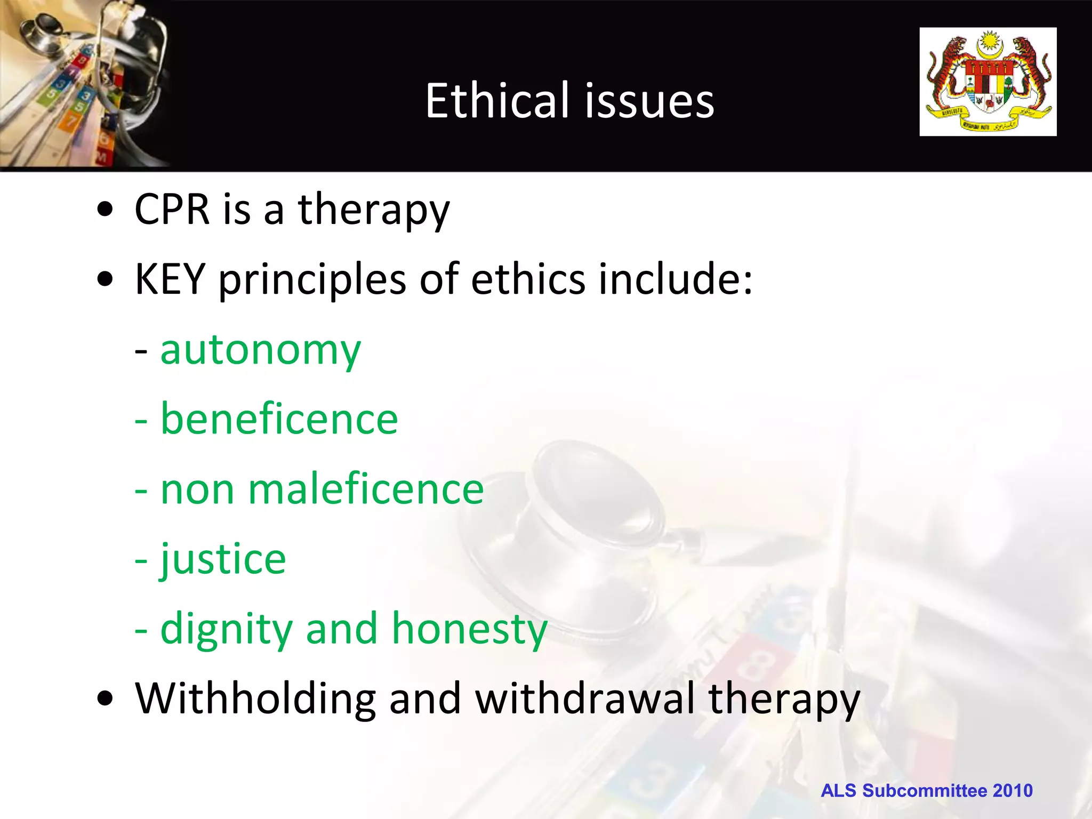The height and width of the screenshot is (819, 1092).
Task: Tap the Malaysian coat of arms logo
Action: point(987,82)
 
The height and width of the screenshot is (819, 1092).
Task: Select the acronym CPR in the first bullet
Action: point(172,209)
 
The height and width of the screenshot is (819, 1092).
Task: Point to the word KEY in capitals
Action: point(170,279)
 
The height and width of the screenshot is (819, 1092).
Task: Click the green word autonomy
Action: point(260,351)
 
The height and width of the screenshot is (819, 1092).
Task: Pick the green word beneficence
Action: point(279,419)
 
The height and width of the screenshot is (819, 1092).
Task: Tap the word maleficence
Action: point(366,489)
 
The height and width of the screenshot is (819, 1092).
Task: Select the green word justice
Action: point(223,560)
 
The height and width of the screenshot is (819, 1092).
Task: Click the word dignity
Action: point(227,630)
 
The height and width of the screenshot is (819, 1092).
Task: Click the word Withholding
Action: point(255,698)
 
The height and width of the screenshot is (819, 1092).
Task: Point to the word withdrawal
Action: point(585,698)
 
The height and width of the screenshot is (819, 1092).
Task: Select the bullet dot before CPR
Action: point(106,210)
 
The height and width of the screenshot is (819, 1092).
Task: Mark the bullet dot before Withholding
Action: point(106,699)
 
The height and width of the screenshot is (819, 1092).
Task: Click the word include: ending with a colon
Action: point(675,279)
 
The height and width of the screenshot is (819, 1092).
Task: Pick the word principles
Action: point(312,280)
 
